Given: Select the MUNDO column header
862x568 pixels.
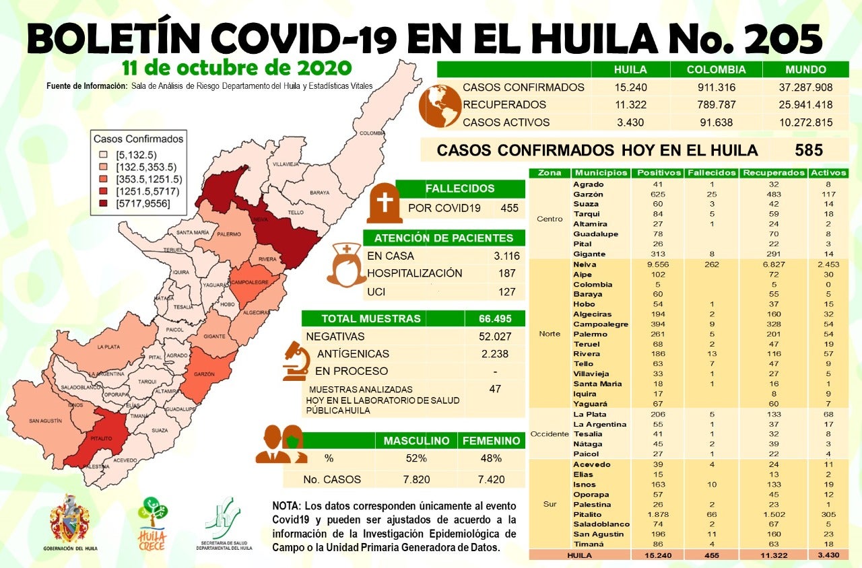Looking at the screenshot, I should click(806, 69).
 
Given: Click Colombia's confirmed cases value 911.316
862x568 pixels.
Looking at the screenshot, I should click(717, 87).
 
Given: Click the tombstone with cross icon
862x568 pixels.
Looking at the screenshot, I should click(385, 203).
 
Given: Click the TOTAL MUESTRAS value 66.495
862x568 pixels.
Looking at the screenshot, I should click(494, 318).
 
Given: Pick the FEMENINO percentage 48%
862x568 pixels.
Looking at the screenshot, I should click(491, 458).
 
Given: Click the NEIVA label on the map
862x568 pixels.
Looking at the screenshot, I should click(261, 219).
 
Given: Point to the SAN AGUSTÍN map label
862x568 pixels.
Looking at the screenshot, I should click(45, 421).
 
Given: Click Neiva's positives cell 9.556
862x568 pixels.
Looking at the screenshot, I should click(659, 264).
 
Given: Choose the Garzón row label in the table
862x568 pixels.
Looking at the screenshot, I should click(587, 194).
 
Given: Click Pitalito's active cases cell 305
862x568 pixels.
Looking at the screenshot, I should click(828, 514).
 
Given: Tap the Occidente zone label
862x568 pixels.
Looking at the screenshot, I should click(550, 434).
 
